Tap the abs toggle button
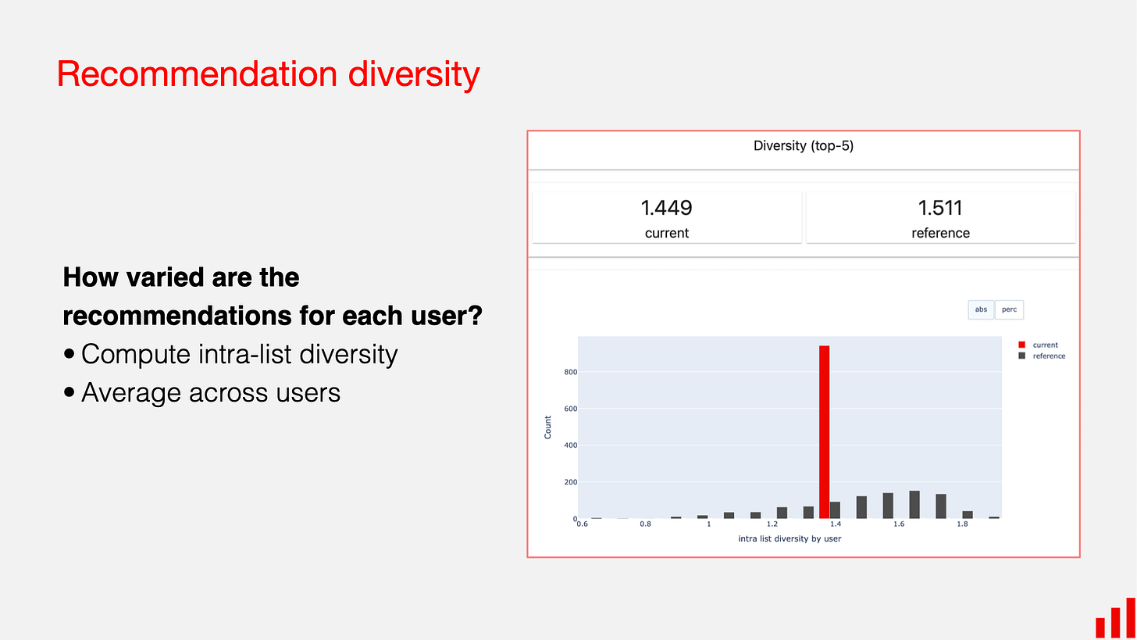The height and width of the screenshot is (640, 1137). (x=981, y=309)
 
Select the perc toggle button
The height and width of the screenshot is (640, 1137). (x=1009, y=309)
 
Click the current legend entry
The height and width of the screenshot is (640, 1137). (x=1045, y=345)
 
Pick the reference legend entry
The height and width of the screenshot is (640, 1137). (x=1048, y=356)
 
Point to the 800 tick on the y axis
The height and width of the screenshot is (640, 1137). (x=569, y=372)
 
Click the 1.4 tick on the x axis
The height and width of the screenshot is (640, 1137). (x=836, y=524)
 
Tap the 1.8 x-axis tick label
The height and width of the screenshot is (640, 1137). (x=962, y=524)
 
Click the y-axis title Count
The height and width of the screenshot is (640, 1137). (x=547, y=427)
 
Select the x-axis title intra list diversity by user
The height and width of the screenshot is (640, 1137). (x=789, y=538)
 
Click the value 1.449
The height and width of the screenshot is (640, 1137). (x=666, y=208)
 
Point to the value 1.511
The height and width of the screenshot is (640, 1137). (x=940, y=208)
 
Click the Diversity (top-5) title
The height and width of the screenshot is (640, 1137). (x=803, y=146)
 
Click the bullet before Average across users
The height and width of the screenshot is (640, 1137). (x=70, y=392)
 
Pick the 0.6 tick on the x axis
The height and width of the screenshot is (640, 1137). (x=582, y=524)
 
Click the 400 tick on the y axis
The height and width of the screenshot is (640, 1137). (x=569, y=445)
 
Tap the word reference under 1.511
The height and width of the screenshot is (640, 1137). (x=940, y=233)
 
